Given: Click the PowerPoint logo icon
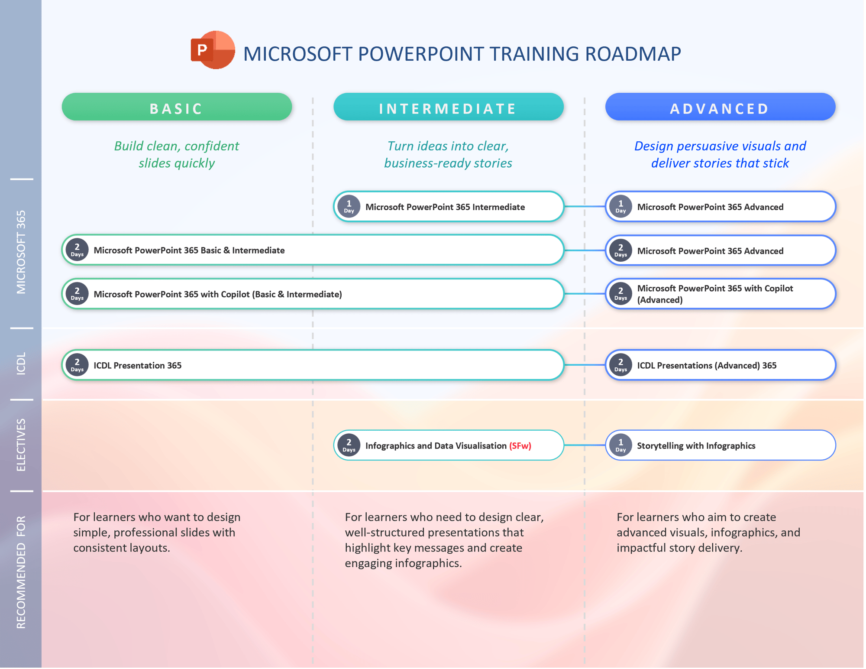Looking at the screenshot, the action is pos(213,50).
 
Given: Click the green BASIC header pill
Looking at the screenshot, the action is pos(177,107).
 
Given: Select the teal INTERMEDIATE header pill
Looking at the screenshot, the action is pos(449,107).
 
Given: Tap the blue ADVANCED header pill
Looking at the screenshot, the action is pos(720,107).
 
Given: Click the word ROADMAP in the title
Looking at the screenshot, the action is pos(633,54).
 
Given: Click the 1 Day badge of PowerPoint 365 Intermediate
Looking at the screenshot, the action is pos(349,206).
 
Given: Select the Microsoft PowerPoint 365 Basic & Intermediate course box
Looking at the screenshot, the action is pos(313,250).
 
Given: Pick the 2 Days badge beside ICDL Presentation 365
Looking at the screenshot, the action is pos(77,365).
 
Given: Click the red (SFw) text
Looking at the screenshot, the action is pos(520,445).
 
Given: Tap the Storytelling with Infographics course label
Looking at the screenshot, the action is pos(696,445).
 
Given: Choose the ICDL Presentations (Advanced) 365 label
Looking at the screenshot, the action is pos(707,365).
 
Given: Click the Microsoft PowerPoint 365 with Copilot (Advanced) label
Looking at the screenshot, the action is pos(715,294).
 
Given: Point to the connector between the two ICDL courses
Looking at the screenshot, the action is pos(585,365).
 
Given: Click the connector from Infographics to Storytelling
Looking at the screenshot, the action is pos(585,445).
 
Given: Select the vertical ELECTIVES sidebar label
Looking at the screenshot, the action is pos(21,445).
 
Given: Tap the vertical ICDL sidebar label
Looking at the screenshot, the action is pos(21,363).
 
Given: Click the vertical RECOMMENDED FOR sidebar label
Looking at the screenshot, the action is pos(21,572).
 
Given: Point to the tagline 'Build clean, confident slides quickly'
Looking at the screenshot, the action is pos(177,154).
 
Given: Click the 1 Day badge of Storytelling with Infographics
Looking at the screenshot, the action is pos(620,445).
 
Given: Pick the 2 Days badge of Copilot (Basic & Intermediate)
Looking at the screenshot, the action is pos(77,294).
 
